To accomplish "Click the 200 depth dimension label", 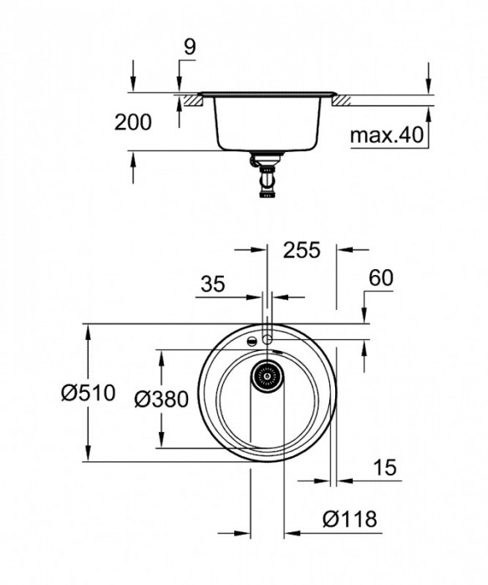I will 134,123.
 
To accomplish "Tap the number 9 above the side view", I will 190,48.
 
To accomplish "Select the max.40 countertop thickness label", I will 386,134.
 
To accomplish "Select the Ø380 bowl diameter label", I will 160,399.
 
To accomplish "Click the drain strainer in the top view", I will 267,377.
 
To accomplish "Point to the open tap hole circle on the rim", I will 267,339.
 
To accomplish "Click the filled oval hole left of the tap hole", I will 251,341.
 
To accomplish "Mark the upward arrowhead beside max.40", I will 427,113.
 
